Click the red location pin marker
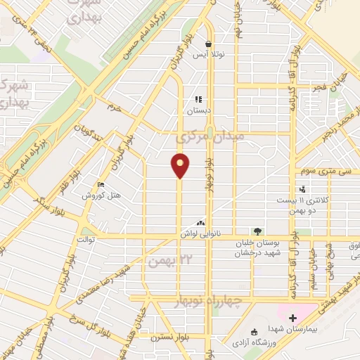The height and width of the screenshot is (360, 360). pos(181,165)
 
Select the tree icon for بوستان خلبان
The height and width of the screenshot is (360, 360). pos(258,231)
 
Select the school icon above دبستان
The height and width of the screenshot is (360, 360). pos(198,99)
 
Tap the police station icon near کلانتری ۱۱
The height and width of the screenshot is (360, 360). pos(302,188)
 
